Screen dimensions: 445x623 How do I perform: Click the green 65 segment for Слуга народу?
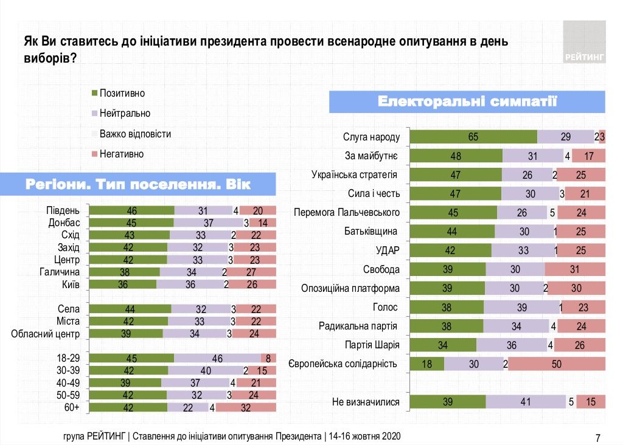coord(473,137)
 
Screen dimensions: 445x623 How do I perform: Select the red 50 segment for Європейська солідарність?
coord(556,364)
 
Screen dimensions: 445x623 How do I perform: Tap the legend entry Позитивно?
coord(122,93)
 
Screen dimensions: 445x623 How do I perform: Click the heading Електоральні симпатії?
coord(467,101)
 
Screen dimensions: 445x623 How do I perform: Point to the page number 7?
coord(598,438)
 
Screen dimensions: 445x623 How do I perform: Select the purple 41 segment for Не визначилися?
coord(526,402)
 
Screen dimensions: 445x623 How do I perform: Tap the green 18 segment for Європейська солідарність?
coord(427,364)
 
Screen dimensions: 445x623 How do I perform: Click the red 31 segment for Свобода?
coord(575,269)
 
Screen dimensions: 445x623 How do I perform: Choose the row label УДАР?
coord(387,250)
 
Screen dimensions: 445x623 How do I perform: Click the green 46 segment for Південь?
coord(131,210)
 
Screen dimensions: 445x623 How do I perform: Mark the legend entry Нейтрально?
coord(125,113)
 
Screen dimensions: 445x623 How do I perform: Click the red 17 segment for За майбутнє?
coord(588,156)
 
